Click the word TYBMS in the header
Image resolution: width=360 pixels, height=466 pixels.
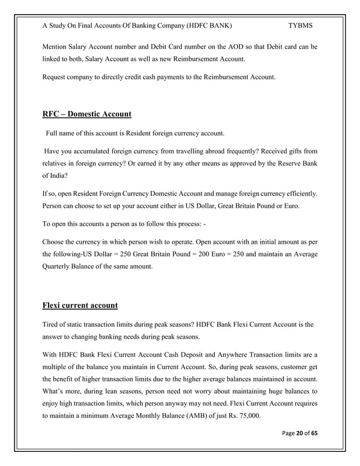point(301,26)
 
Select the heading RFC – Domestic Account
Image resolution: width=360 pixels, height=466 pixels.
point(87,115)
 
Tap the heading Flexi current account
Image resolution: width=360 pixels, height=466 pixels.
point(80,306)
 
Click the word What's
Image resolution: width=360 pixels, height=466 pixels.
point(56,390)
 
